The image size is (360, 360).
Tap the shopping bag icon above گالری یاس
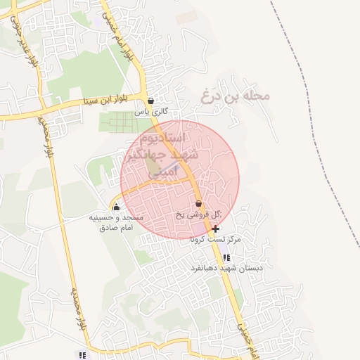click(x=151, y=101)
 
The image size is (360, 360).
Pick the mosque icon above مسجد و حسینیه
click(x=117, y=206)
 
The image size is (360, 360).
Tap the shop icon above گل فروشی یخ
click(x=199, y=203)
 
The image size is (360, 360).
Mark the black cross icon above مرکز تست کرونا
click(x=214, y=229)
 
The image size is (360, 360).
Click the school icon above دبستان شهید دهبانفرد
click(x=226, y=257)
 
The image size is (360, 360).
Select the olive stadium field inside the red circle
click(x=154, y=166)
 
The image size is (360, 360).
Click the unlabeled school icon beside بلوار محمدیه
click(x=82, y=355)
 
